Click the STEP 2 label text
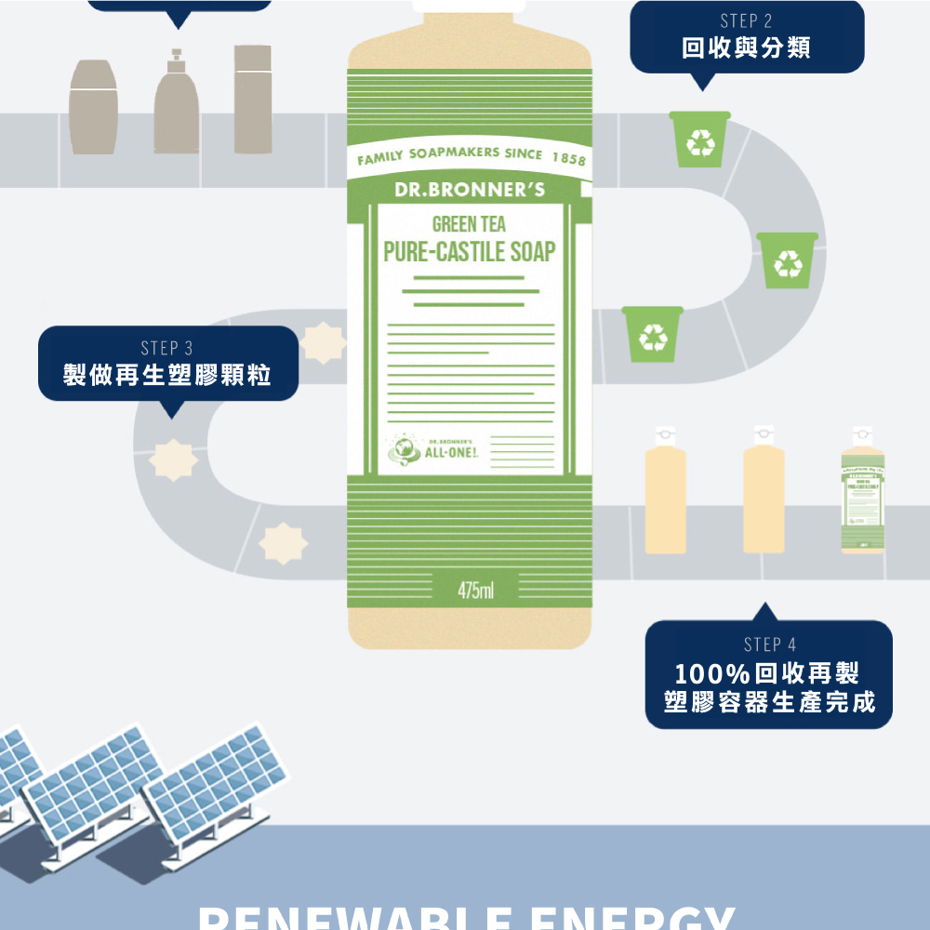pyautogui.click(x=746, y=20)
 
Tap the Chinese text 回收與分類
pyautogui.click(x=746, y=47)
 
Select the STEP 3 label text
pyautogui.click(x=167, y=348)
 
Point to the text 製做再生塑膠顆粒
pyautogui.click(x=167, y=376)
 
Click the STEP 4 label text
pyautogui.click(x=769, y=644)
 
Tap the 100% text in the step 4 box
pyautogui.click(x=713, y=672)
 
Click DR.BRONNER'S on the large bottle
pyautogui.click(x=470, y=190)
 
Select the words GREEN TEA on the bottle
pyautogui.click(x=469, y=224)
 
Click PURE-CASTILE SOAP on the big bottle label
pyautogui.click(x=470, y=251)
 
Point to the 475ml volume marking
pyautogui.click(x=475, y=591)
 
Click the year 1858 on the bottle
pyautogui.click(x=568, y=159)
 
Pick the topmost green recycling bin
pyautogui.click(x=699, y=139)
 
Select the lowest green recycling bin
pyautogui.click(x=652, y=335)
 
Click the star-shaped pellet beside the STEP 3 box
pyautogui.click(x=323, y=342)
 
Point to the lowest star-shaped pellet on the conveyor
pyautogui.click(x=282, y=543)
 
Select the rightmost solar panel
pyautogui.click(x=214, y=777)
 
